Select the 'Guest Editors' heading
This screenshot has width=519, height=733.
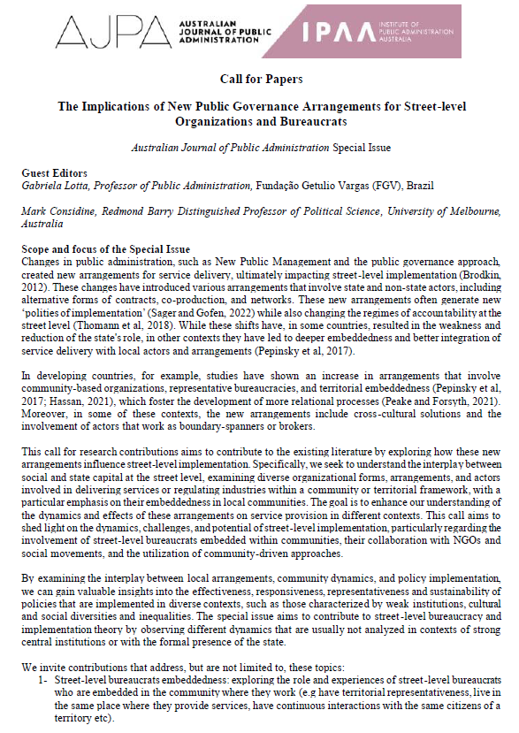tap(54, 172)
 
